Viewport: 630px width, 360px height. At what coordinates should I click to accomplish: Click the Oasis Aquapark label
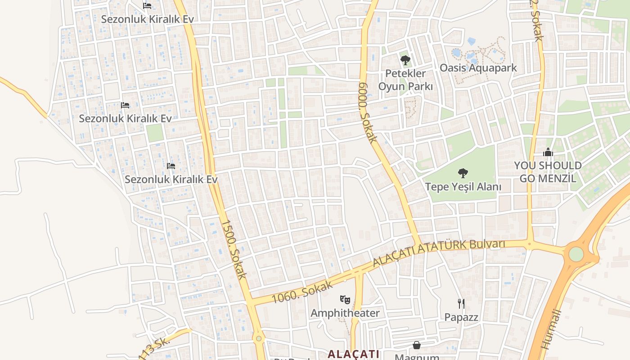478,68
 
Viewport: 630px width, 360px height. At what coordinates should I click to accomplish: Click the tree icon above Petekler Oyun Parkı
405,60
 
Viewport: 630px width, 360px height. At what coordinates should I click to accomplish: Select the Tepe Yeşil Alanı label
463,186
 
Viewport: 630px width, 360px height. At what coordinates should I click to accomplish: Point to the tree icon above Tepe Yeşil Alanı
463,173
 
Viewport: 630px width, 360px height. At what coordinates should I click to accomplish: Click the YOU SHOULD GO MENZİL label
548,171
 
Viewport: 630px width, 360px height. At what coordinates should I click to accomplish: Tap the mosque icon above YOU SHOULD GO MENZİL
548,153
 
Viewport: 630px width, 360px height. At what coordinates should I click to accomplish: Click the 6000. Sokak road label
368,112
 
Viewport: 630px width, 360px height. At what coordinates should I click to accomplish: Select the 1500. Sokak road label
234,249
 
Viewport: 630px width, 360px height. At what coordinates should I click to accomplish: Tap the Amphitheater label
345,313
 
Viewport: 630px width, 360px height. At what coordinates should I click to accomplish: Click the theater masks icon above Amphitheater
345,299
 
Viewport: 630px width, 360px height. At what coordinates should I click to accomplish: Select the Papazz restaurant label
461,317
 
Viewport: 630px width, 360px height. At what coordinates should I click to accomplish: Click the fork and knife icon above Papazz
461,304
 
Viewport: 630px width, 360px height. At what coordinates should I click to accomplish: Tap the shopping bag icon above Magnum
417,345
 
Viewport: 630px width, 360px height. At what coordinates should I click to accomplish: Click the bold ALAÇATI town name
353,354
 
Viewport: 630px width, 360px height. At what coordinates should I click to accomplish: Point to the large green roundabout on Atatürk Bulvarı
576,254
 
